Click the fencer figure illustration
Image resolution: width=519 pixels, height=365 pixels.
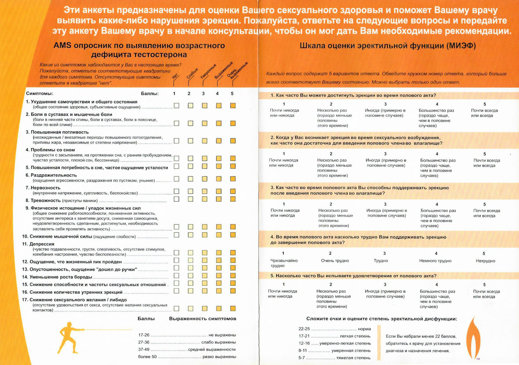click(69, 338)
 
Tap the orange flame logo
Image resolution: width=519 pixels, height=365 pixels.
click(473, 338)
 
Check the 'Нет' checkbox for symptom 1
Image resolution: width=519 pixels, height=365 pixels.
click(176, 106)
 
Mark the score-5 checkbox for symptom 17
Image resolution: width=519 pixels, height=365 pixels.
click(233, 308)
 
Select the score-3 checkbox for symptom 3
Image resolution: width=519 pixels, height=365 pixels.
click(205, 141)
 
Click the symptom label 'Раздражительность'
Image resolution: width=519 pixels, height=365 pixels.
click(53, 175)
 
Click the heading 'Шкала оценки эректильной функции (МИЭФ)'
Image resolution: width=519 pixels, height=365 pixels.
click(388, 46)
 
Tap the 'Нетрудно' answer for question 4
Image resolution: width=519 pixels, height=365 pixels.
click(485, 261)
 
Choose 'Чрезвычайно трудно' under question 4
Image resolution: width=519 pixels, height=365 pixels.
click(284, 263)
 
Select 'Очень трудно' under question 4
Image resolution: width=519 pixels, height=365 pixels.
click(335, 261)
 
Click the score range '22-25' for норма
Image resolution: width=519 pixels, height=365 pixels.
click(304, 329)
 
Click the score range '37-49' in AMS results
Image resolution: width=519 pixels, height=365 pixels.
click(144, 350)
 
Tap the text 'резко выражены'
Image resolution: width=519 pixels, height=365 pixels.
click(219, 357)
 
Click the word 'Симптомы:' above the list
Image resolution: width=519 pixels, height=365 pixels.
click(40, 94)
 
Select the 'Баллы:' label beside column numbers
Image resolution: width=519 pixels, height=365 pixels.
click(150, 94)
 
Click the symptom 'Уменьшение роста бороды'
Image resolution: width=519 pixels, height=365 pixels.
click(61, 277)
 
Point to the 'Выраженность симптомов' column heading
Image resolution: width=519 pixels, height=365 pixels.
click(202, 319)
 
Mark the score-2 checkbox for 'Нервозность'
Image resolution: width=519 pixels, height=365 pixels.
click(191, 191)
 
